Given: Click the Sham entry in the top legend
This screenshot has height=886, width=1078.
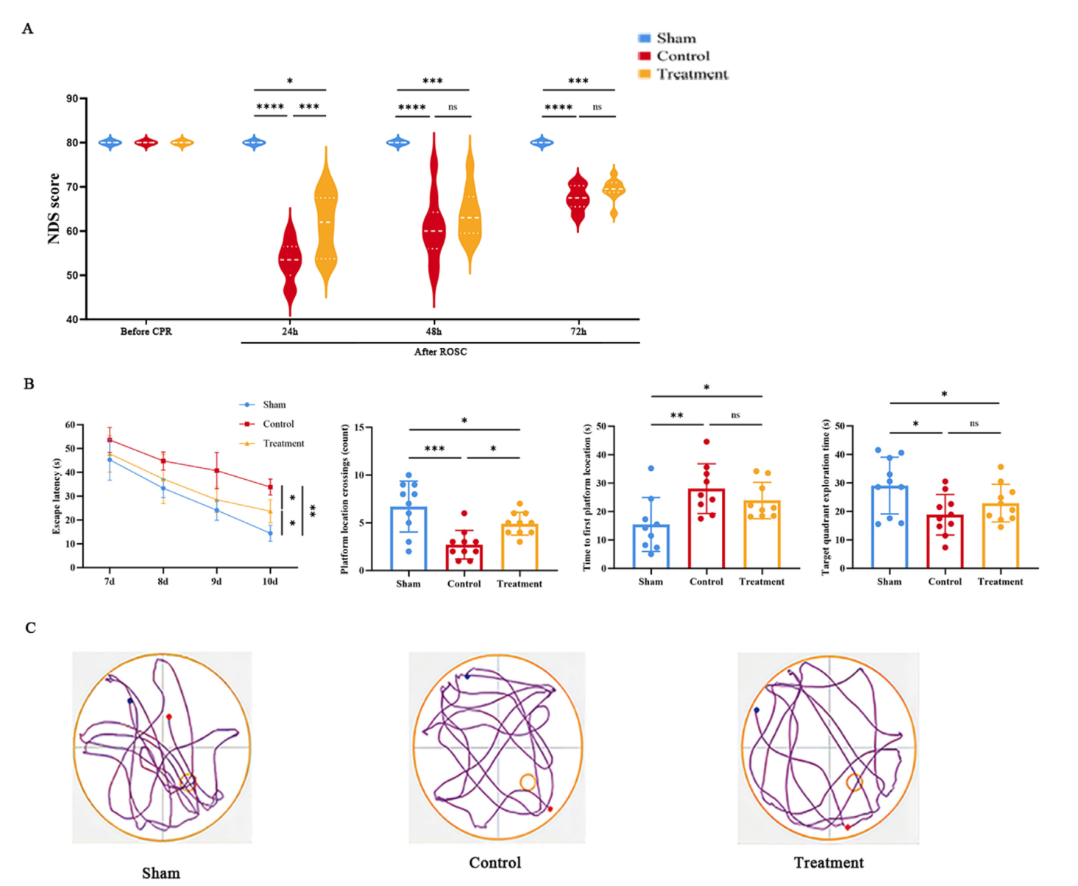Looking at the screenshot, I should tap(675, 38).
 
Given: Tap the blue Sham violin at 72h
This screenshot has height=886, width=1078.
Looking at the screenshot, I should tap(542, 143).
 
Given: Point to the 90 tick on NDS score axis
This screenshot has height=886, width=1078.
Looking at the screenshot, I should tap(72, 99).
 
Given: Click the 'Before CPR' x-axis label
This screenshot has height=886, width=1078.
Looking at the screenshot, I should tap(146, 332).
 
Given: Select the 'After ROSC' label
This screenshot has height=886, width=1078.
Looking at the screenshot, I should tap(440, 352).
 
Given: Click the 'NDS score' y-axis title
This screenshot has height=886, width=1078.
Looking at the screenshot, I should tap(53, 208).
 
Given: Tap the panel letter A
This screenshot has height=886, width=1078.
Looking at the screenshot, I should tap(27, 29).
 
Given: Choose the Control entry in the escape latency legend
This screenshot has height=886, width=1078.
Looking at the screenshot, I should tap(277, 424).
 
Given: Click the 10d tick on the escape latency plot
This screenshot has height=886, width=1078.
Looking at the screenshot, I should tap(270, 581).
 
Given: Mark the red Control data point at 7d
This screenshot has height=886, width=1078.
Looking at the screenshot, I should tap(110, 440).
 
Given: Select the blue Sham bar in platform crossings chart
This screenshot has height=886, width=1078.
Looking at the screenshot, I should tap(408, 538).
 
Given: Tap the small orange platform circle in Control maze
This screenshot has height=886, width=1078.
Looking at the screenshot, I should tap(527, 782).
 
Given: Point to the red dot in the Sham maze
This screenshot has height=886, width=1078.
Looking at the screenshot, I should tap(169, 716).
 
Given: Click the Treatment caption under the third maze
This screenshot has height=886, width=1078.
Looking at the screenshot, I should tap(829, 862).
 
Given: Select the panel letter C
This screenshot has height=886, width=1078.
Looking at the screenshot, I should tap(30, 628).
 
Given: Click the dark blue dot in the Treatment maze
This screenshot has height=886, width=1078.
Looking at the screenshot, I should tap(756, 710).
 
